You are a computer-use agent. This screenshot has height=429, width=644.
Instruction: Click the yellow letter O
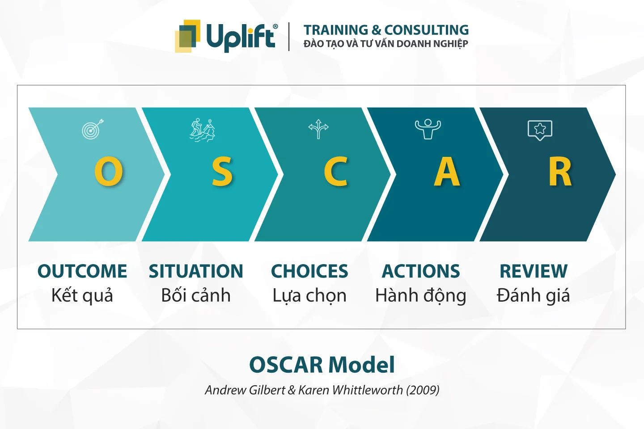(x=109, y=172)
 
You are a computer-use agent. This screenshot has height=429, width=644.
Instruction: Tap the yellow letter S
(x=222, y=172)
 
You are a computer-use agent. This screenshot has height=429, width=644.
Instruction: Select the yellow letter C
(x=336, y=172)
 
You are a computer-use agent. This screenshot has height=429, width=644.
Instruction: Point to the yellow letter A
(x=447, y=172)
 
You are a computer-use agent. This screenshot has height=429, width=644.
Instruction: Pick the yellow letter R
(x=560, y=172)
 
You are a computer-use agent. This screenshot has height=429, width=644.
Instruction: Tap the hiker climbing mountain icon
(x=202, y=130)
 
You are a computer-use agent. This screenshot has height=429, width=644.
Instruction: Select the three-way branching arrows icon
(x=318, y=129)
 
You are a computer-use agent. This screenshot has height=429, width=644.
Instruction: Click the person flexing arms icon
(x=428, y=129)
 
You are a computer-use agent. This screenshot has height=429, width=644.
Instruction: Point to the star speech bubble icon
(x=540, y=130)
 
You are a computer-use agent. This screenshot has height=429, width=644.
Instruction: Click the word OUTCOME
(x=82, y=271)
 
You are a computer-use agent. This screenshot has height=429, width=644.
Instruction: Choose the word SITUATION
(x=196, y=271)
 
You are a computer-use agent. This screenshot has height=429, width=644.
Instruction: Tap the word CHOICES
(x=309, y=271)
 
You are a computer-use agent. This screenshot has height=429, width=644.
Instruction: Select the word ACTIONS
(x=420, y=271)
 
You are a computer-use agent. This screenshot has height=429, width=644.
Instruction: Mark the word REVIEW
(x=534, y=271)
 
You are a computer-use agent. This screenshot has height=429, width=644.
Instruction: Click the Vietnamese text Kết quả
(x=82, y=295)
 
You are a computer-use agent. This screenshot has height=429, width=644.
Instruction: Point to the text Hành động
(x=420, y=295)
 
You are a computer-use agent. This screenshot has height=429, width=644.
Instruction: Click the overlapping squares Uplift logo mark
(x=187, y=36)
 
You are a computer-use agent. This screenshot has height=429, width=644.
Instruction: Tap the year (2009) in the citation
(x=423, y=390)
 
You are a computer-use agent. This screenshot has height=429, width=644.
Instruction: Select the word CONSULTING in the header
(x=426, y=30)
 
